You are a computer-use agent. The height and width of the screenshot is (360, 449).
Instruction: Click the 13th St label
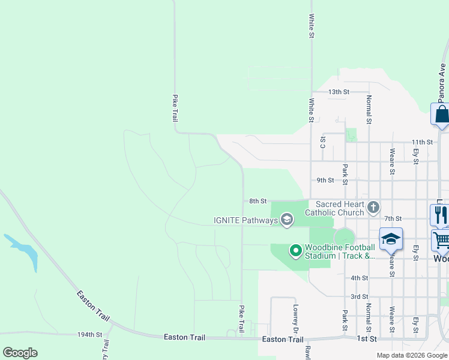pos(339,92)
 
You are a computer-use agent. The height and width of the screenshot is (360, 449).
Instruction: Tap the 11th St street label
pos(422,142)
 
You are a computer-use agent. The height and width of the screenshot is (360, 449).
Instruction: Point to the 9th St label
pos(325,180)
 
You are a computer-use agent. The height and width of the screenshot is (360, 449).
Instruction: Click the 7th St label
pos(393,219)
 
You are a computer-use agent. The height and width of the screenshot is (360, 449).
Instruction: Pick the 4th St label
pos(359,278)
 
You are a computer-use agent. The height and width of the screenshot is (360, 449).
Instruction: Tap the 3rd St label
pos(359,296)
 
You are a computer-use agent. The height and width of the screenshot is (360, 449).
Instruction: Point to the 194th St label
pos(90,334)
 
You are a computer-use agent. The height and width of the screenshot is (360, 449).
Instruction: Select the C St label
pos(323,142)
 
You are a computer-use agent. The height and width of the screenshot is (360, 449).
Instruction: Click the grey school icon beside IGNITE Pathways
pos(287,220)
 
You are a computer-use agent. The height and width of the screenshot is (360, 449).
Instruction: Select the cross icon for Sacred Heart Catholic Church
pos(373,208)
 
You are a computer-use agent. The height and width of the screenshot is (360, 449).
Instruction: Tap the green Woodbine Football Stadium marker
pos(295,250)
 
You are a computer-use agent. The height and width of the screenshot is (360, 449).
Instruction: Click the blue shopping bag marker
pos(441,114)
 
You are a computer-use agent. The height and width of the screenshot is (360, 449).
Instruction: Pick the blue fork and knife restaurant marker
pos(440,214)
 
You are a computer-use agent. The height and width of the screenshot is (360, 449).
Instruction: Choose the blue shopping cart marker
pos(441,240)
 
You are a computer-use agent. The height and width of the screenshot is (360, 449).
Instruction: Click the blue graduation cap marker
pos(391,238)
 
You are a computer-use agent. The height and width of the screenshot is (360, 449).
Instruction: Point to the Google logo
pos(20,353)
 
